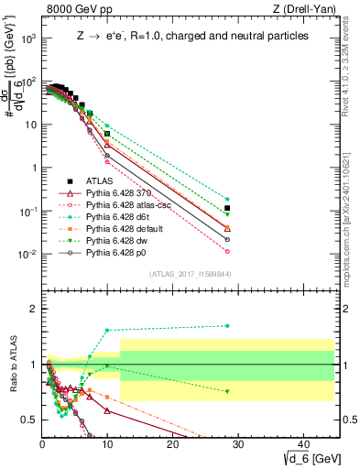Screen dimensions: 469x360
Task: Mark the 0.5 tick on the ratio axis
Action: tap(32, 420)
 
